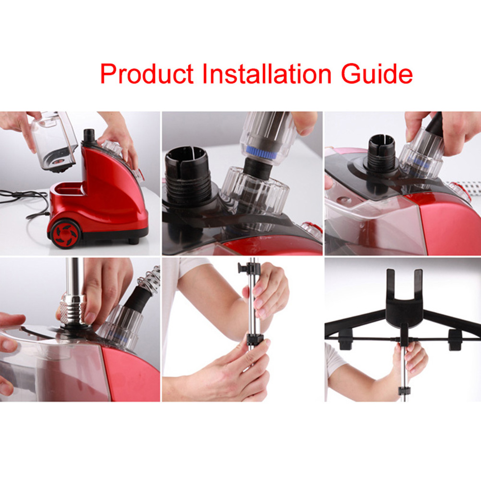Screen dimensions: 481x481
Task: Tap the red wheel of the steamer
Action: [65, 234]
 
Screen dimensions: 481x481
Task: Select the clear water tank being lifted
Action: [55, 141]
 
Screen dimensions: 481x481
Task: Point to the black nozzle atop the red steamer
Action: [89, 136]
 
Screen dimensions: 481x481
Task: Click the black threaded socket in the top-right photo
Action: [381, 154]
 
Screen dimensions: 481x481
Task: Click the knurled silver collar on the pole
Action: [72, 309]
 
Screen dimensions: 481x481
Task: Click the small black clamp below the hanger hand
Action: [404, 391]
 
